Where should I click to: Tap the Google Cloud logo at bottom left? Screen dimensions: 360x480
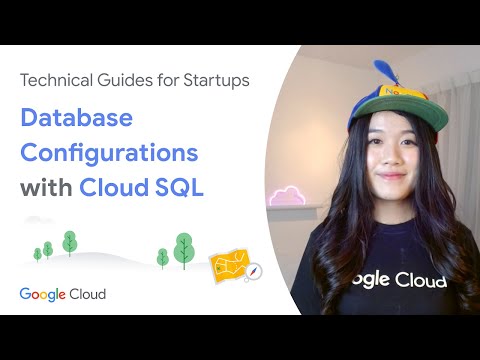(x=62, y=294)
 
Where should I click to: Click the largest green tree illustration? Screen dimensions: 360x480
(x=183, y=249)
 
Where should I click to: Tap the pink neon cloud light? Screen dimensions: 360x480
(x=287, y=196)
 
